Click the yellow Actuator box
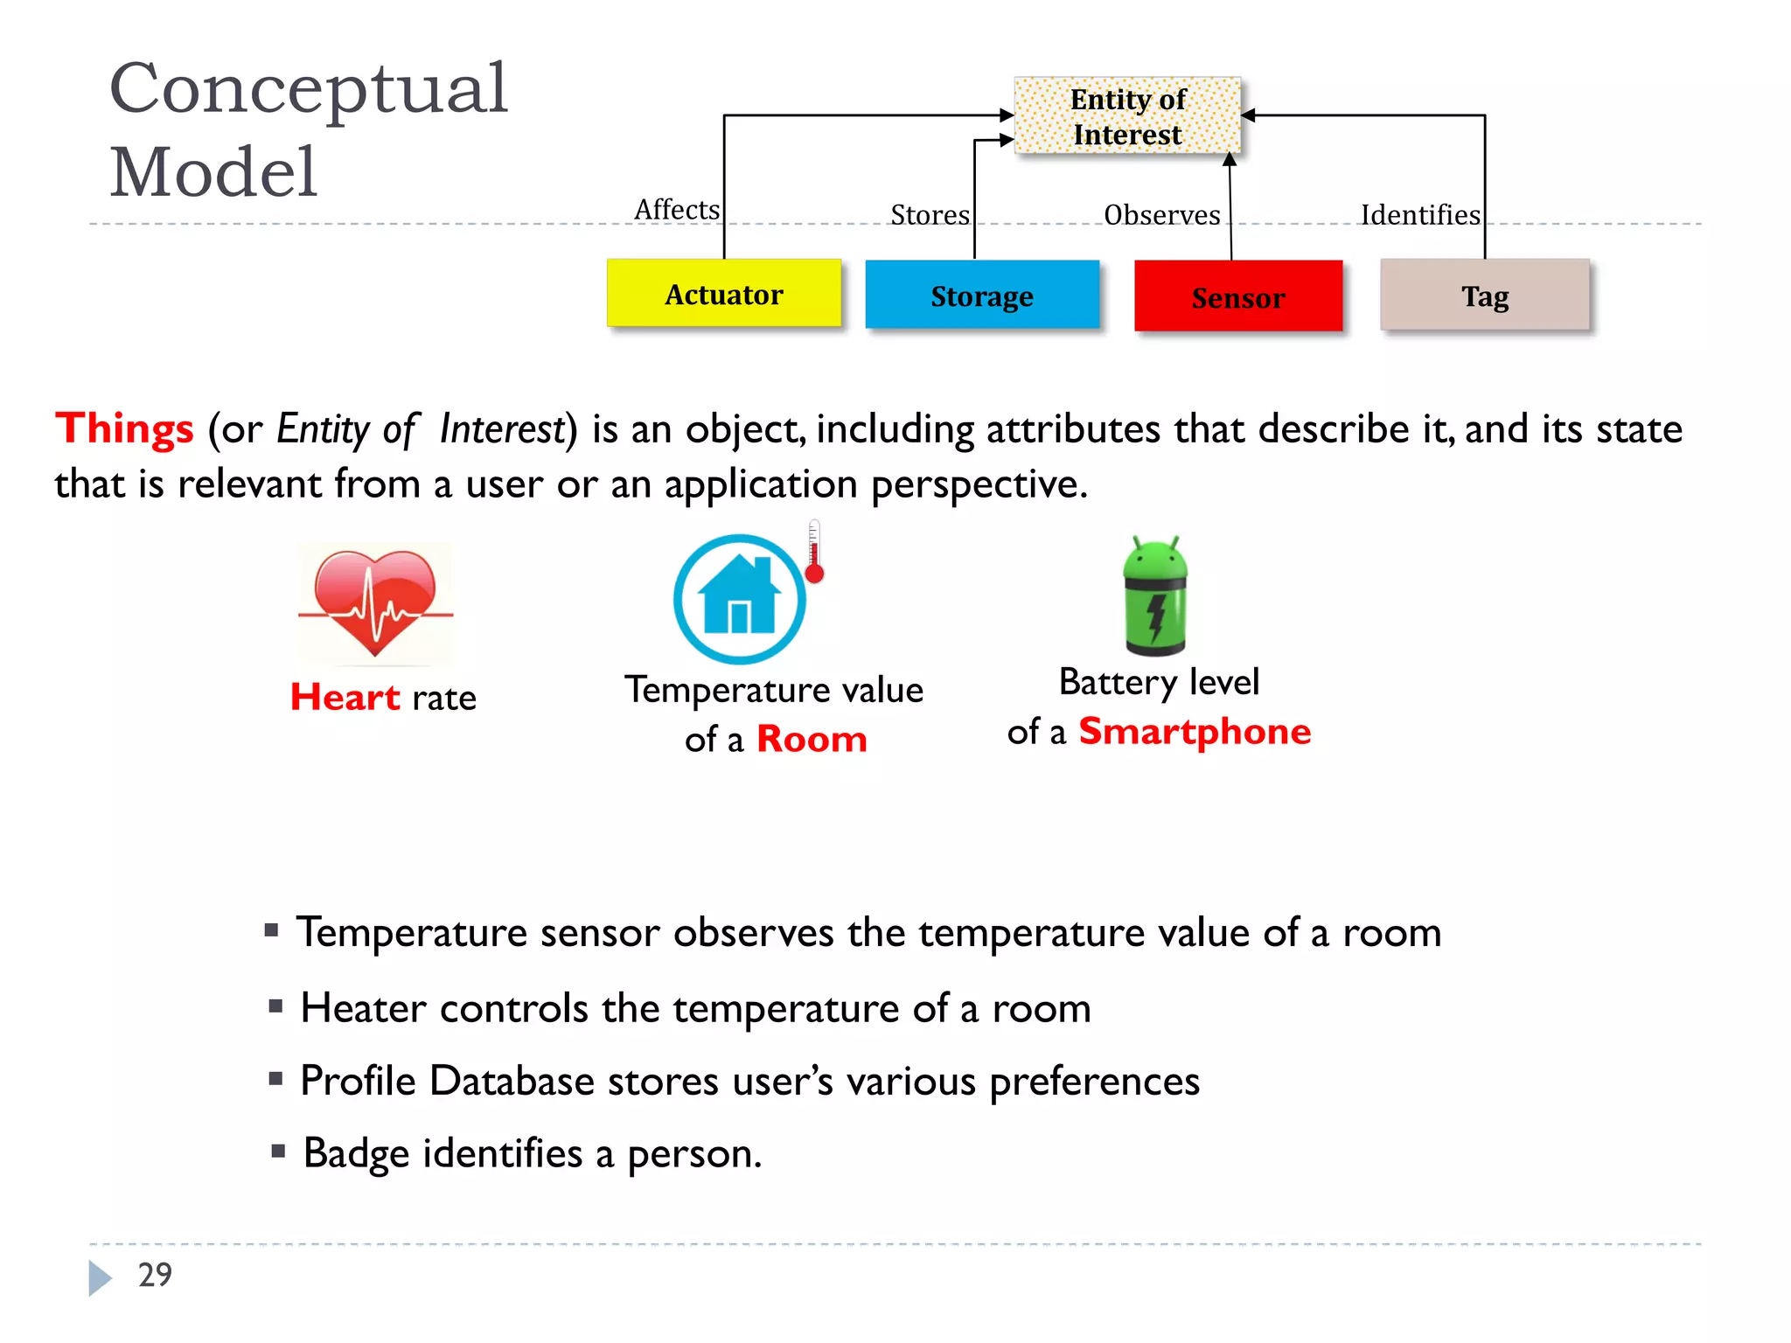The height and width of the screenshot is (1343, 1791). [724, 294]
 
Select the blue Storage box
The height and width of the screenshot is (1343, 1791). [982, 296]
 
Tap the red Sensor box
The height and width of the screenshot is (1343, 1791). [1238, 297]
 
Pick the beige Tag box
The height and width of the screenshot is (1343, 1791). [1485, 296]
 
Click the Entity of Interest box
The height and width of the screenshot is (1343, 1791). [1127, 116]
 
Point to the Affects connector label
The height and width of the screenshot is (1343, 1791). [677, 210]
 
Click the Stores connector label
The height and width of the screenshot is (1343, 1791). [930, 215]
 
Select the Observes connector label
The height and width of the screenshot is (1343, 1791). [1161, 215]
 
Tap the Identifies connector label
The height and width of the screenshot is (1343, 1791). [1420, 215]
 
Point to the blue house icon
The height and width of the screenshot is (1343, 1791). [740, 599]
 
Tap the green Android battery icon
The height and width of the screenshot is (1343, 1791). [1155, 596]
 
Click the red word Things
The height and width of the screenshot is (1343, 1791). [124, 428]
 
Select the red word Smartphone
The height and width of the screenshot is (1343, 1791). [1195, 731]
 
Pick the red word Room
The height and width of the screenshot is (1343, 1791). [812, 740]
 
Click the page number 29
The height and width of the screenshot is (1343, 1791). [155, 1275]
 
